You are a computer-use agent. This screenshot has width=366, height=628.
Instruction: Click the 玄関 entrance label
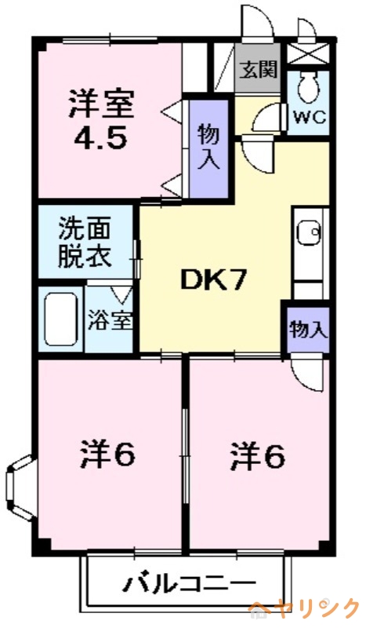(x=258, y=70)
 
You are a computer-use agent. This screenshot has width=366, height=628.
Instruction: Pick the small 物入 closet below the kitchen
(x=307, y=328)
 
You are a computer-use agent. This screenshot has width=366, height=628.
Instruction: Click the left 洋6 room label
(x=107, y=453)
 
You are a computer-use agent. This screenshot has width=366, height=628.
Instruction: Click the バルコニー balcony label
(x=189, y=584)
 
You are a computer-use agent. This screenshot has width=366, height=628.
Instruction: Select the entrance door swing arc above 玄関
(x=257, y=24)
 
